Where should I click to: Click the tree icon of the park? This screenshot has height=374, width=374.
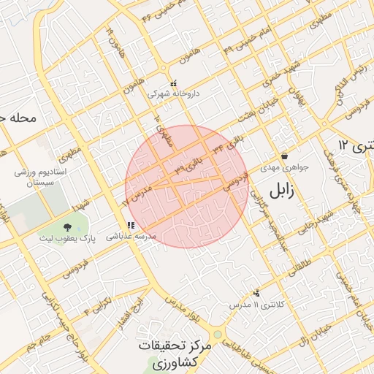pos(68,227)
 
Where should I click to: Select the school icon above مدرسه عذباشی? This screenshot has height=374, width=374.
pos(130,226)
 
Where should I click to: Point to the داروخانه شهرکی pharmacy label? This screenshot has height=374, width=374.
pos(172,94)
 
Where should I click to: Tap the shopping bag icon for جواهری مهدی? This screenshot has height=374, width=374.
pos(283,156)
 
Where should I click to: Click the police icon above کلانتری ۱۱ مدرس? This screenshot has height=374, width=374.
pos(256,293)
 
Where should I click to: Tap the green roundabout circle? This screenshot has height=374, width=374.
pos(217,335)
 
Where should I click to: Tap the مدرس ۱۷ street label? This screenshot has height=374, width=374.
pos(134,194)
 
